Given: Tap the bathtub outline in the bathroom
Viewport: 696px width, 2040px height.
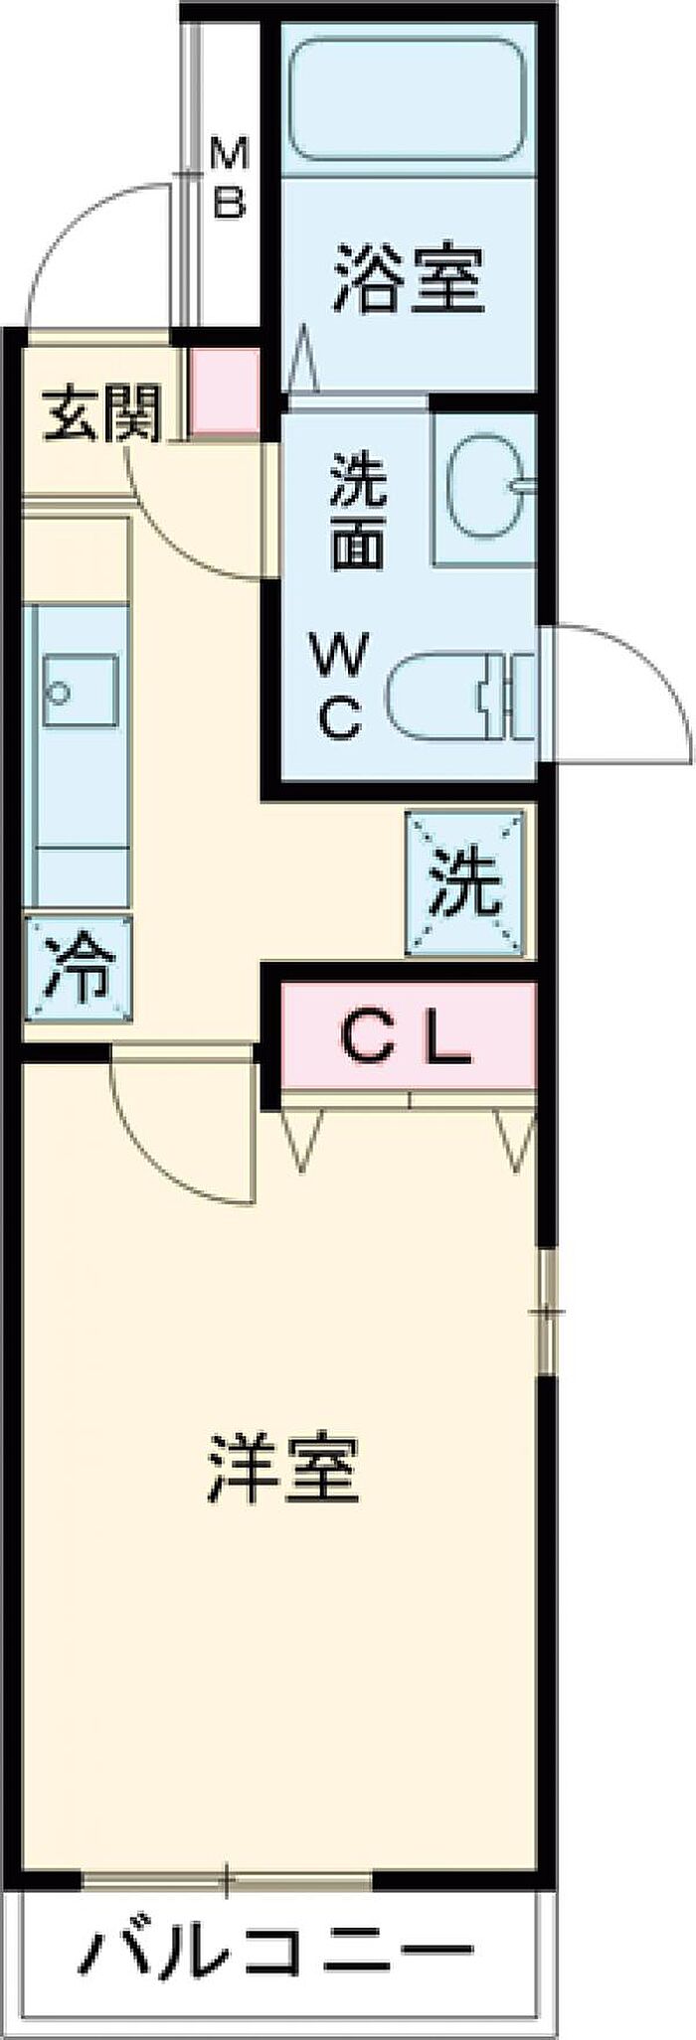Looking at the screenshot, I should click(x=407, y=98).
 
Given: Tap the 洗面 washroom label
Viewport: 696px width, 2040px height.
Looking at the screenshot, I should click(x=357, y=511).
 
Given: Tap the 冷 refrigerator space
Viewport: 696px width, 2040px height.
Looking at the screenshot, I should click(x=78, y=969).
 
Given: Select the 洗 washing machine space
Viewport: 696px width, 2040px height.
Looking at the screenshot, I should click(x=464, y=884).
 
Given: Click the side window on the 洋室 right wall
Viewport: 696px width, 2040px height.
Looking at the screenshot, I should click(x=546, y=1311).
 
